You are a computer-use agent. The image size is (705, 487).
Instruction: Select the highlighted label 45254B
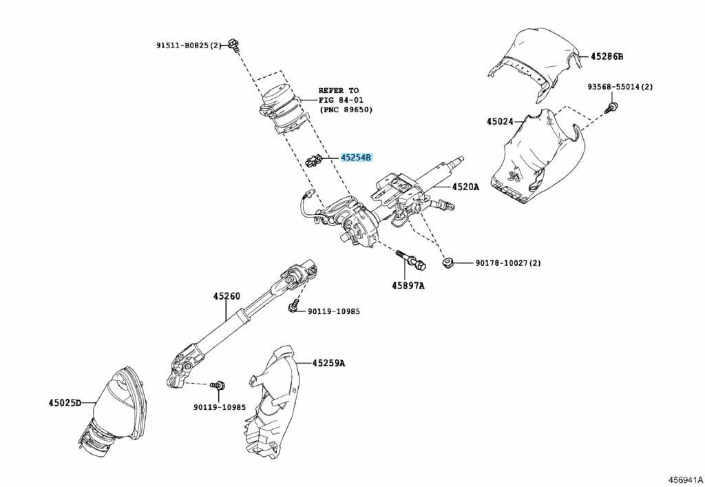(x=356, y=158)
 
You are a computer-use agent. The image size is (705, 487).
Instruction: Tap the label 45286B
(x=607, y=56)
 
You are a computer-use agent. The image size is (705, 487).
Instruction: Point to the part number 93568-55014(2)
(x=620, y=87)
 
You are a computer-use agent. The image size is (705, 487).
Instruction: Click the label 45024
(x=500, y=121)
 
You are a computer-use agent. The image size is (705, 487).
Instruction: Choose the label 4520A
(x=465, y=187)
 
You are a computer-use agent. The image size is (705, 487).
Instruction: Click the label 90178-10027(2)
(x=508, y=262)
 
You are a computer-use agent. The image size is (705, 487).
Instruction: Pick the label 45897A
(x=408, y=285)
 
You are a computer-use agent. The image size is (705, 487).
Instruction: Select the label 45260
(x=226, y=296)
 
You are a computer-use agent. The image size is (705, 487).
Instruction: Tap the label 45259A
(x=328, y=362)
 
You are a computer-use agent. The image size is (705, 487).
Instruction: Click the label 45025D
(x=64, y=402)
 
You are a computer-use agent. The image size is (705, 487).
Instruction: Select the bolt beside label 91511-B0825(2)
(x=236, y=45)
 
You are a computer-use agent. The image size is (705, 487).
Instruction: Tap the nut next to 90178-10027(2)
(x=446, y=262)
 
